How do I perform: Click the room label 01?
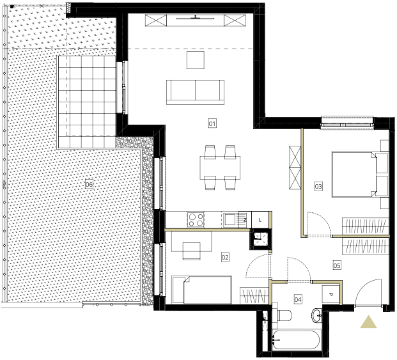[212, 123]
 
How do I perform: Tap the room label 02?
[225, 257]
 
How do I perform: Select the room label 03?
[318, 187]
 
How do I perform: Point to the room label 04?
[298, 299]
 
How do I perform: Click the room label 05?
[337, 265]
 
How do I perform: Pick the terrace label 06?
[89, 184]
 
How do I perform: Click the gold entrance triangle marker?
[368, 322]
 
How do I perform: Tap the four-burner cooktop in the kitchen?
[196, 220]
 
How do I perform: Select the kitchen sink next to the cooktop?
[235, 219]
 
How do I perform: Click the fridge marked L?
[260, 220]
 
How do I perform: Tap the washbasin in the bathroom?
[316, 315]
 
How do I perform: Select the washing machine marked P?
[331, 294]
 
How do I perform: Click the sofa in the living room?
[195, 92]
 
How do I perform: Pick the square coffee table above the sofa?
[196, 60]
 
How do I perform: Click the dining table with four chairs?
[220, 168]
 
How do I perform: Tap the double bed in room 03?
[360, 175]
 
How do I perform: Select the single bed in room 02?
[202, 290]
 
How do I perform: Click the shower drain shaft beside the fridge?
[260, 239]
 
